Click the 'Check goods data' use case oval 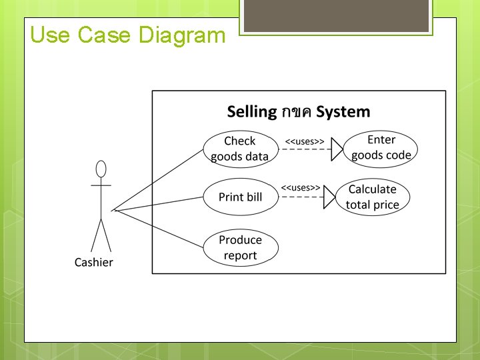pos(239,149)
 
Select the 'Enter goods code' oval pos(381,148)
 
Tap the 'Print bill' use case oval pos(240,197)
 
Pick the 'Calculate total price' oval pos(372,197)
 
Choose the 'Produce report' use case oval pos(240,247)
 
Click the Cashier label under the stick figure pos(93,262)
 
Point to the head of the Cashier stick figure pos(101,168)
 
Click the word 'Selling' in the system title pos(251,111)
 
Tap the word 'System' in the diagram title pos(343,111)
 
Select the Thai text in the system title pos(296,112)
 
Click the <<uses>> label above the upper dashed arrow pos(305,142)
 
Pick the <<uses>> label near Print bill pos(300,189)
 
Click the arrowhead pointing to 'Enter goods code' pos(338,149)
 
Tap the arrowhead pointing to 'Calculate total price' pos(329,197)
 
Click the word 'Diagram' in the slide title pos(181,35)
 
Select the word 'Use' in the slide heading pos(51,35)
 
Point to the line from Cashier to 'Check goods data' pos(160,179)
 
